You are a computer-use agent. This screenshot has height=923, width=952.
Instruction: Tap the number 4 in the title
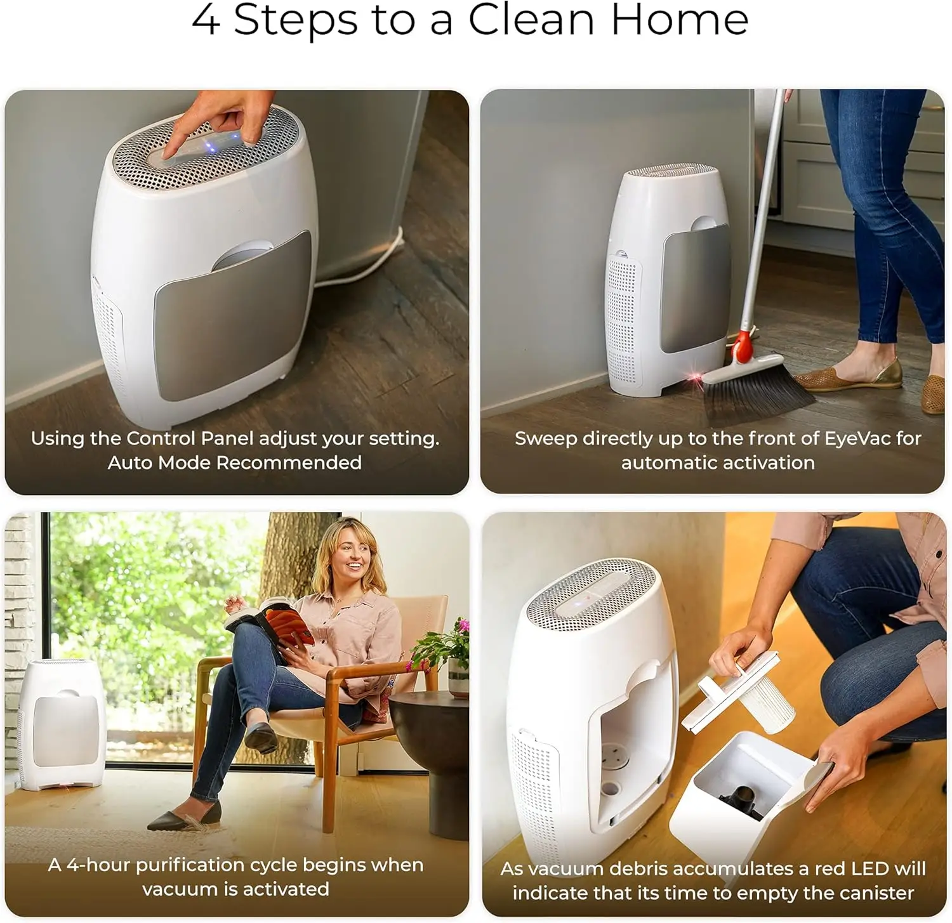[x=206, y=20]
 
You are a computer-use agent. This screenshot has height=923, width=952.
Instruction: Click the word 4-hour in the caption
[x=98, y=865]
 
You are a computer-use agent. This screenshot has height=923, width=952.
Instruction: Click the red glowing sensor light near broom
[x=697, y=378]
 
